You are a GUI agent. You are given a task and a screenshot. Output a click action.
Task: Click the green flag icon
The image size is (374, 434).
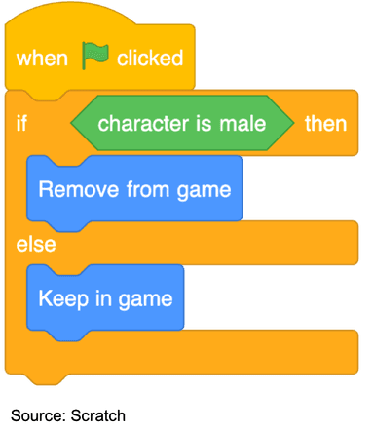click(94, 57)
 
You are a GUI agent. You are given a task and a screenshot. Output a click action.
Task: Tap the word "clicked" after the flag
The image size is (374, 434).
click(150, 59)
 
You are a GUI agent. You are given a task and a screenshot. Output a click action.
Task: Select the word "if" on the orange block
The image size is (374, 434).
click(21, 124)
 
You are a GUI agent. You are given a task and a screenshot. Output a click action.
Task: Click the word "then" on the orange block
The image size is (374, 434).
click(326, 124)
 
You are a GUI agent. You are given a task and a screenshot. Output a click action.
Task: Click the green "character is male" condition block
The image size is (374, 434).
click(181, 124)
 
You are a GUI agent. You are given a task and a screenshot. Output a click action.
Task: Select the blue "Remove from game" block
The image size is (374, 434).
click(134, 187)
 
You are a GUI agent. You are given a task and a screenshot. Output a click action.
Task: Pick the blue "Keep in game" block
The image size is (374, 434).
click(105, 297)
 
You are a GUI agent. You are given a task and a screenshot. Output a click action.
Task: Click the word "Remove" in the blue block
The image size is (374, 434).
click(71, 187)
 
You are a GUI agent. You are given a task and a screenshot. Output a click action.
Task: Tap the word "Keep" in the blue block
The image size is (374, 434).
click(59, 297)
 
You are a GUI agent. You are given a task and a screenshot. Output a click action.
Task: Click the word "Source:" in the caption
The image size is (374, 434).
click(37, 415)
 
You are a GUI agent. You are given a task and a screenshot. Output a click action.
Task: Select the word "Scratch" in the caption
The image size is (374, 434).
click(98, 415)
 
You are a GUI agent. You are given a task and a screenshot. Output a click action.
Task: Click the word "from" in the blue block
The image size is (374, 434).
click(143, 187)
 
